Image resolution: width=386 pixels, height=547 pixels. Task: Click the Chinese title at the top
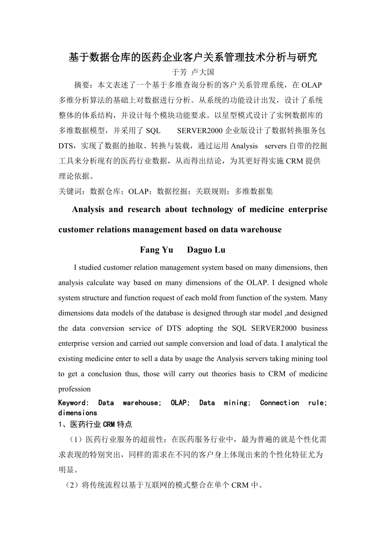pyautogui.click(x=193, y=58)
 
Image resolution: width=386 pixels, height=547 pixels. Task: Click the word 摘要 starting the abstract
pyautogui.click(x=81, y=85)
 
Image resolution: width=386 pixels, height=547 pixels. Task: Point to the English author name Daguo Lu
pyautogui.click(x=206, y=250)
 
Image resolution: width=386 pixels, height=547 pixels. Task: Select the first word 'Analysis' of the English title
pyautogui.click(x=88, y=209)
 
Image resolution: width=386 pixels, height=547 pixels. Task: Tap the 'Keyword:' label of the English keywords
pyautogui.click(x=73, y=402)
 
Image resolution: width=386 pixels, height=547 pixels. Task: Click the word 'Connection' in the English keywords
pyautogui.click(x=279, y=402)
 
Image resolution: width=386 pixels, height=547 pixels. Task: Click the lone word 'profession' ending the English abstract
pyautogui.click(x=74, y=389)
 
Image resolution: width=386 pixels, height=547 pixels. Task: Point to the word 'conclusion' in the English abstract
pyautogui.click(x=104, y=374)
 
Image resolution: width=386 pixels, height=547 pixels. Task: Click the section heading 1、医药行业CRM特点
pyautogui.click(x=95, y=424)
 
